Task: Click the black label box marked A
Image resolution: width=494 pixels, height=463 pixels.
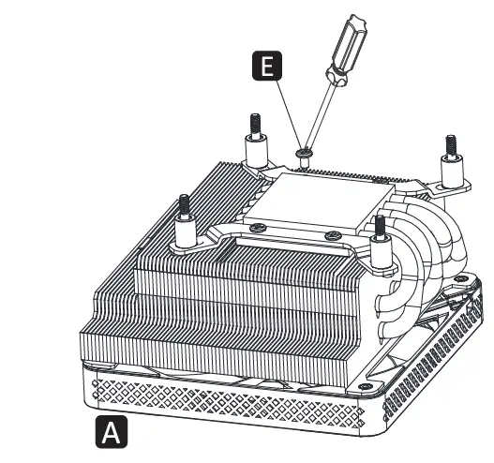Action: tap(111, 432)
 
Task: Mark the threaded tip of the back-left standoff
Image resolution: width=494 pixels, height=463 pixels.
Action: tap(253, 122)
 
